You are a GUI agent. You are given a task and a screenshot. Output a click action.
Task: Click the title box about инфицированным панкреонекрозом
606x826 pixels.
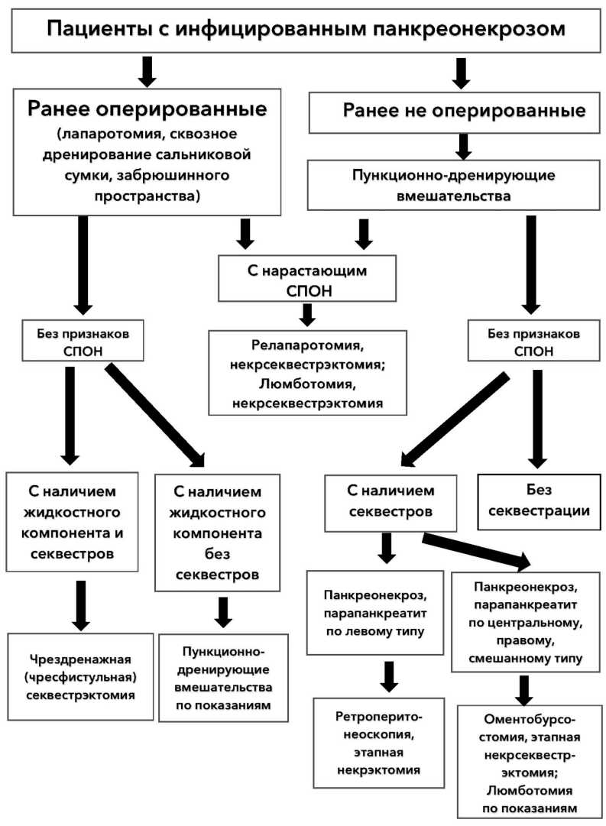306,29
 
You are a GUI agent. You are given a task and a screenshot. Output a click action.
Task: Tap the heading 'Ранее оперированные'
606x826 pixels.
147,108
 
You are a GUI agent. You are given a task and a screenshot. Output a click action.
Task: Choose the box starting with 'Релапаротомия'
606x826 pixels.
306,373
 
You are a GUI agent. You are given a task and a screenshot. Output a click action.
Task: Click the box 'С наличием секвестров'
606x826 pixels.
390,502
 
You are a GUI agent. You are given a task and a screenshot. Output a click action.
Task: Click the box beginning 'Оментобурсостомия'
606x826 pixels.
529,763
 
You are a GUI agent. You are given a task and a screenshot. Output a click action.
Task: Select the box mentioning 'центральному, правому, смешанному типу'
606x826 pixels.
529,622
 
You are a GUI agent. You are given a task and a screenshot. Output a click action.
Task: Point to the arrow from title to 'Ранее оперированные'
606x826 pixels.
147,70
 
